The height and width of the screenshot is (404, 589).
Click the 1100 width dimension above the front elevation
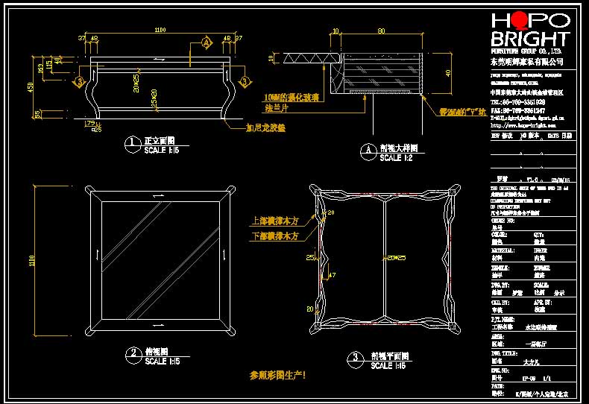tap(160, 31)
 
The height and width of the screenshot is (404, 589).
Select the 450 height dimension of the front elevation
tap(31, 86)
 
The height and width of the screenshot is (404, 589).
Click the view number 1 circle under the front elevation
tap(132, 142)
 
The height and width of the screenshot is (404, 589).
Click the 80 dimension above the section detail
tap(381, 31)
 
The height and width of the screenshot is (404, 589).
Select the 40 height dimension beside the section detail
tap(447, 73)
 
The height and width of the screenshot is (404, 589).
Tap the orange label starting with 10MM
tap(294, 97)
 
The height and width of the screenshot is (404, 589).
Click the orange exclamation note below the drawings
tap(277, 376)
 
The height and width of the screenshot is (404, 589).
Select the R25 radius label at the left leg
tap(96, 129)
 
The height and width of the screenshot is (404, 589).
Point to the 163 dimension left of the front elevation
tap(40, 70)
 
